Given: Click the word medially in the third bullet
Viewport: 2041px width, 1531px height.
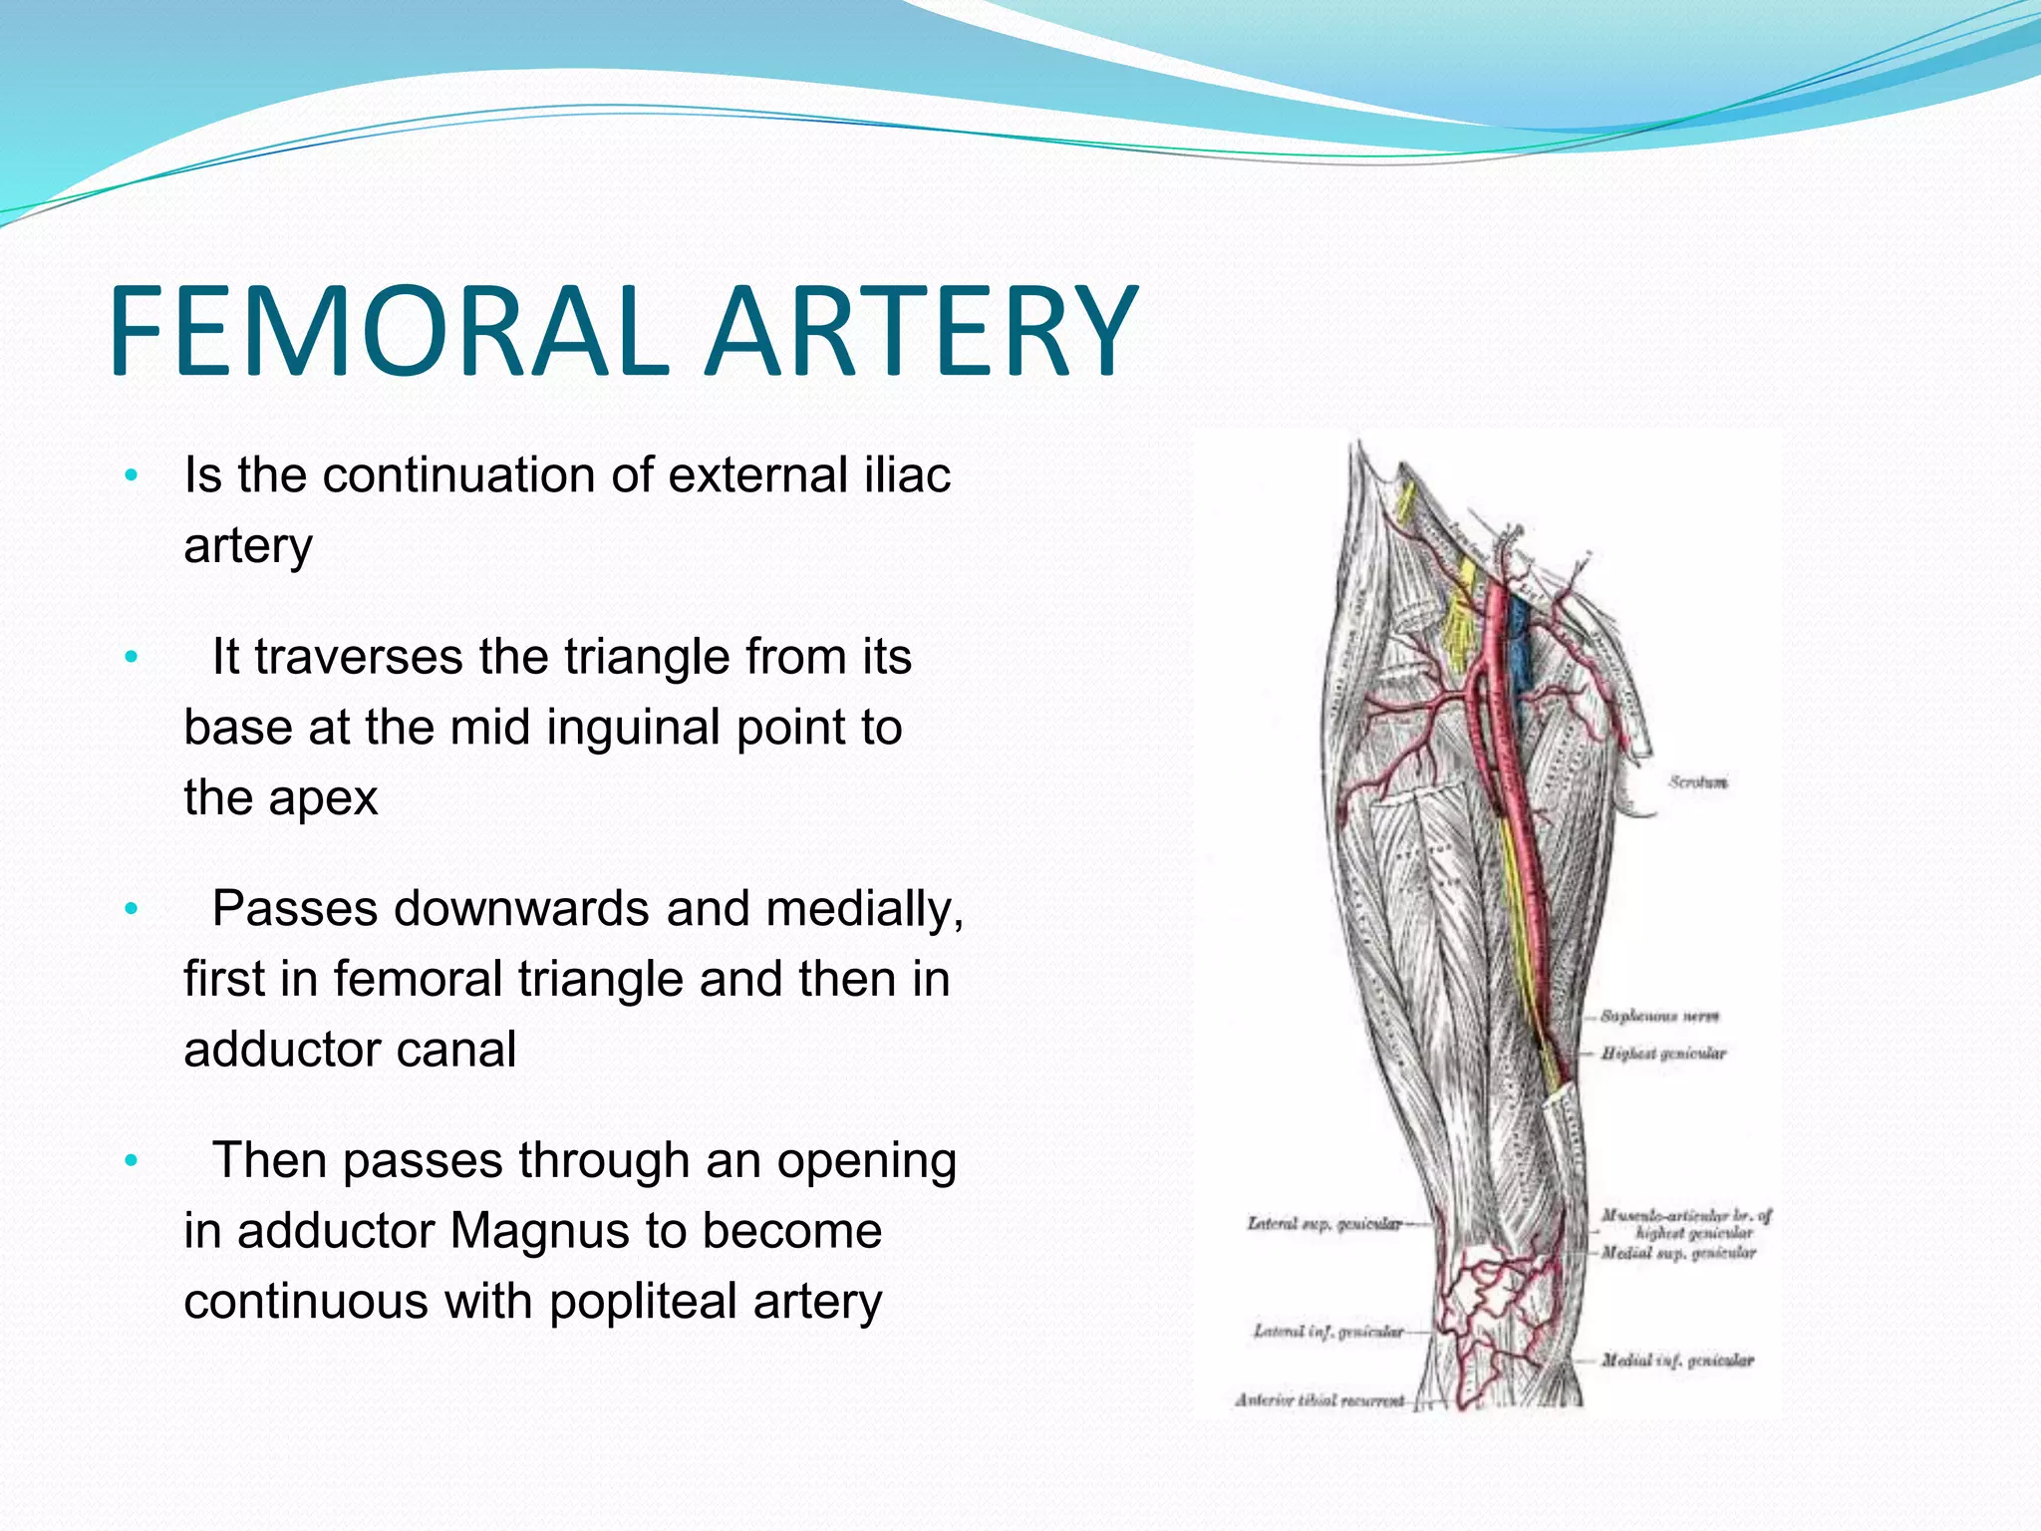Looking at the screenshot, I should pyautogui.click(x=870, y=909).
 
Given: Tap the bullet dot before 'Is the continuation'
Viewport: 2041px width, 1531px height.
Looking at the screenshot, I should pyautogui.click(x=131, y=475).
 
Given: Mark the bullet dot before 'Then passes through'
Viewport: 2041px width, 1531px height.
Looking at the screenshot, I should pyautogui.click(x=131, y=1161).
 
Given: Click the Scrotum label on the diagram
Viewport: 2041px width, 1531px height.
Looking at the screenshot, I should pyautogui.click(x=1698, y=782).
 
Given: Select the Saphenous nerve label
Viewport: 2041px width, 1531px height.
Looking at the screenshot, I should pyautogui.click(x=1659, y=1017).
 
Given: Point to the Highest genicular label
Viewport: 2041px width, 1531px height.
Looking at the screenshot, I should pyautogui.click(x=1663, y=1054).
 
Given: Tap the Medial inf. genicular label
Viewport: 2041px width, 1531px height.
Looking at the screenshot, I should pyautogui.click(x=1677, y=1360).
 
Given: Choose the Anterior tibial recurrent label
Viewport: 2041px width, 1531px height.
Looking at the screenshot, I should pyautogui.click(x=1319, y=1400).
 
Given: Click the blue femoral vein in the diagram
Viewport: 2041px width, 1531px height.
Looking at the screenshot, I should pyautogui.click(x=1521, y=648).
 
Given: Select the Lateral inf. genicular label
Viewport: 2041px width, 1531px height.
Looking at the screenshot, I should pyautogui.click(x=1328, y=1331).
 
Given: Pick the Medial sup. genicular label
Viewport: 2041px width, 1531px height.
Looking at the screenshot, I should pyautogui.click(x=1678, y=1253).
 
